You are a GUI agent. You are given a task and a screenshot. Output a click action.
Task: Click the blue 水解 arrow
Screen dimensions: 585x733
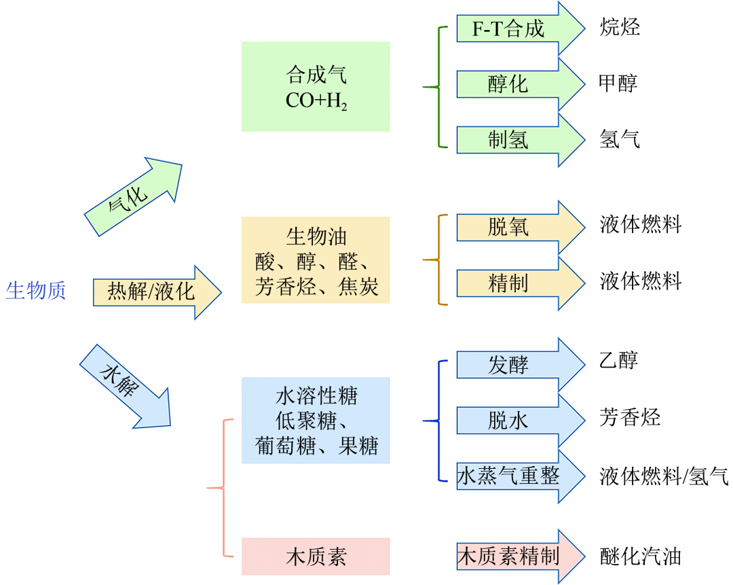click(125, 385)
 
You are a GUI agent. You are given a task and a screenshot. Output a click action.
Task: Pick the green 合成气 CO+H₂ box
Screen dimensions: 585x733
click(316, 86)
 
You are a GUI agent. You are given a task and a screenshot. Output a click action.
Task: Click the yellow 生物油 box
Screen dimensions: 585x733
click(316, 260)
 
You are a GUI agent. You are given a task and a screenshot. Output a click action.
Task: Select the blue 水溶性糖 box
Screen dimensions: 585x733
click(316, 421)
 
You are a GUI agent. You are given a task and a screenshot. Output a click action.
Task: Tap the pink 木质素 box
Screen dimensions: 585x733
click(316, 556)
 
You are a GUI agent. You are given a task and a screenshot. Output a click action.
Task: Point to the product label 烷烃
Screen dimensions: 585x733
click(620, 27)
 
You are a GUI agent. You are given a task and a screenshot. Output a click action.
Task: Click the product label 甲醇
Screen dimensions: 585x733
click(618, 83)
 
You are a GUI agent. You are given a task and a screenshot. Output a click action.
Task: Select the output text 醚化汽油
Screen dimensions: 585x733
click(640, 556)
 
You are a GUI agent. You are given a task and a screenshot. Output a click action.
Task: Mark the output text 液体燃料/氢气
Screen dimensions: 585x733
click(663, 476)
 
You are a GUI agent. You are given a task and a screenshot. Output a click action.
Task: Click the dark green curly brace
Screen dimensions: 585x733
click(438, 87)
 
